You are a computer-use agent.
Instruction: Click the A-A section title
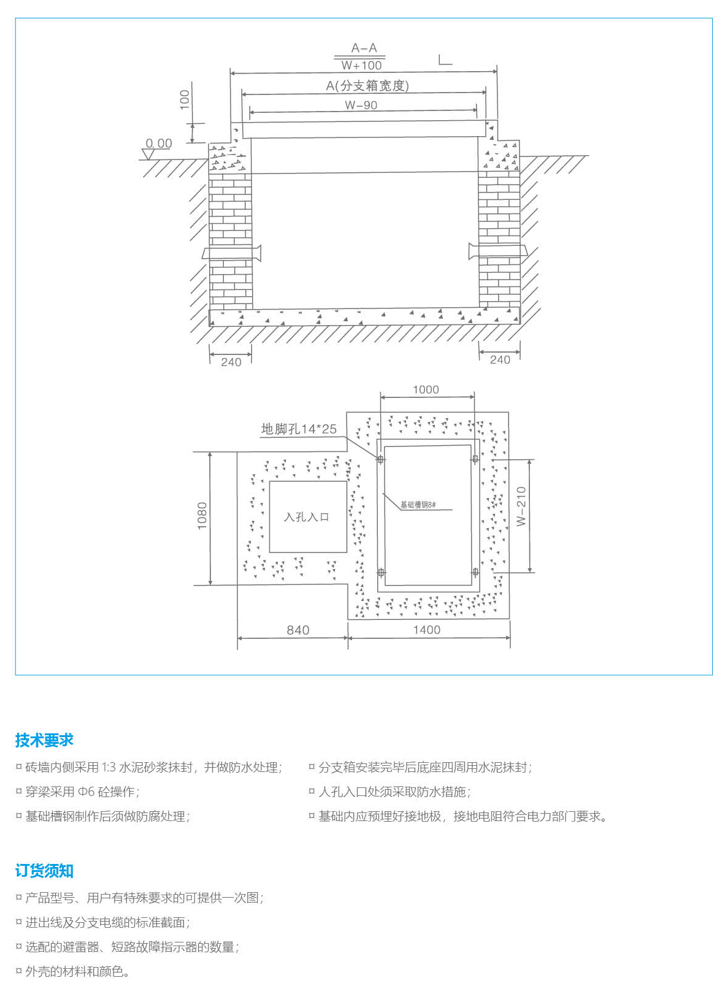click(364, 48)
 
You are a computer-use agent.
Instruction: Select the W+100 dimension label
click(361, 65)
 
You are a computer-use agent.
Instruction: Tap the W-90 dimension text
click(361, 105)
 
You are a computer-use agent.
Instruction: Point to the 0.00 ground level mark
click(159, 143)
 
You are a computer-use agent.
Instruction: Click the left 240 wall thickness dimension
click(231, 362)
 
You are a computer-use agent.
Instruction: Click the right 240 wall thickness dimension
click(500, 360)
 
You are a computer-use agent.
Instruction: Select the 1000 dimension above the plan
click(426, 389)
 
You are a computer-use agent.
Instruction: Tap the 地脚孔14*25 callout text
click(299, 429)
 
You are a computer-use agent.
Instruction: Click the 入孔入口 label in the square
click(307, 517)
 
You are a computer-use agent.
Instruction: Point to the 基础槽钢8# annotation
click(418, 505)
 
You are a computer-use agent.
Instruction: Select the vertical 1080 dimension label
click(202, 516)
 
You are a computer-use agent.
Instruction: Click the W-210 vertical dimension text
click(521, 506)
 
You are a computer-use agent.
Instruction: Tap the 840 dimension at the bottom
click(298, 630)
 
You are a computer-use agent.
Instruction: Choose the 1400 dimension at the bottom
click(426, 630)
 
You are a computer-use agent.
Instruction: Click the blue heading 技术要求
click(44, 740)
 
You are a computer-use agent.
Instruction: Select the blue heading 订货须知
click(44, 871)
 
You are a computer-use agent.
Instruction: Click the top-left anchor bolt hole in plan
click(381, 459)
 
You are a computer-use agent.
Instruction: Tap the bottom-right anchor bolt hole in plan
click(475, 572)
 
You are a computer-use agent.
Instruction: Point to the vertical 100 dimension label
click(185, 99)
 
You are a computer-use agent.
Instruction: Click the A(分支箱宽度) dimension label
click(367, 86)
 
